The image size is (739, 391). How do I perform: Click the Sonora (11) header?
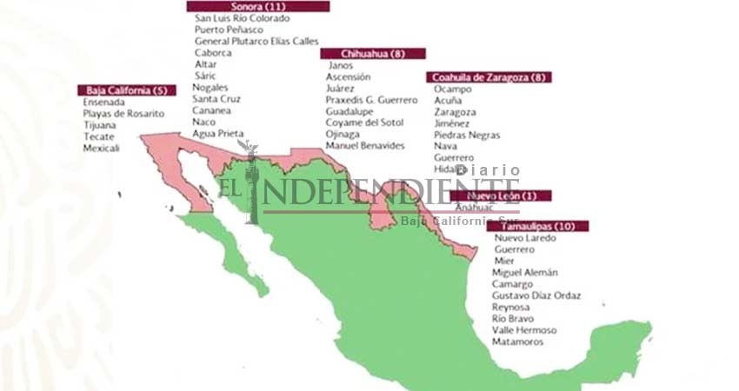point(257,6)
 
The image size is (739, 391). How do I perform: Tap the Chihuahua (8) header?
point(373,53)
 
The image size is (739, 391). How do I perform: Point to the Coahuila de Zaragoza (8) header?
point(489,76)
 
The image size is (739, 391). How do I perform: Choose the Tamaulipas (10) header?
point(536,226)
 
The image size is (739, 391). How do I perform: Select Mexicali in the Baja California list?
point(102,149)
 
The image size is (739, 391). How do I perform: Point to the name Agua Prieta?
point(218,134)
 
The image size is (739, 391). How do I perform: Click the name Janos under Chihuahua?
point(341,65)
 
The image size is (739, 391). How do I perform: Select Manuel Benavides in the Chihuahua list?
point(365,146)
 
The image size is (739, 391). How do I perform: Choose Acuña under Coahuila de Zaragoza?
point(449,101)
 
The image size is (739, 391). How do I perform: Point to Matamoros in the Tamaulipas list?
point(517,341)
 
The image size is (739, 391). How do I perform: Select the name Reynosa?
point(512,307)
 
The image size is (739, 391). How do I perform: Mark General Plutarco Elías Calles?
point(256,41)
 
